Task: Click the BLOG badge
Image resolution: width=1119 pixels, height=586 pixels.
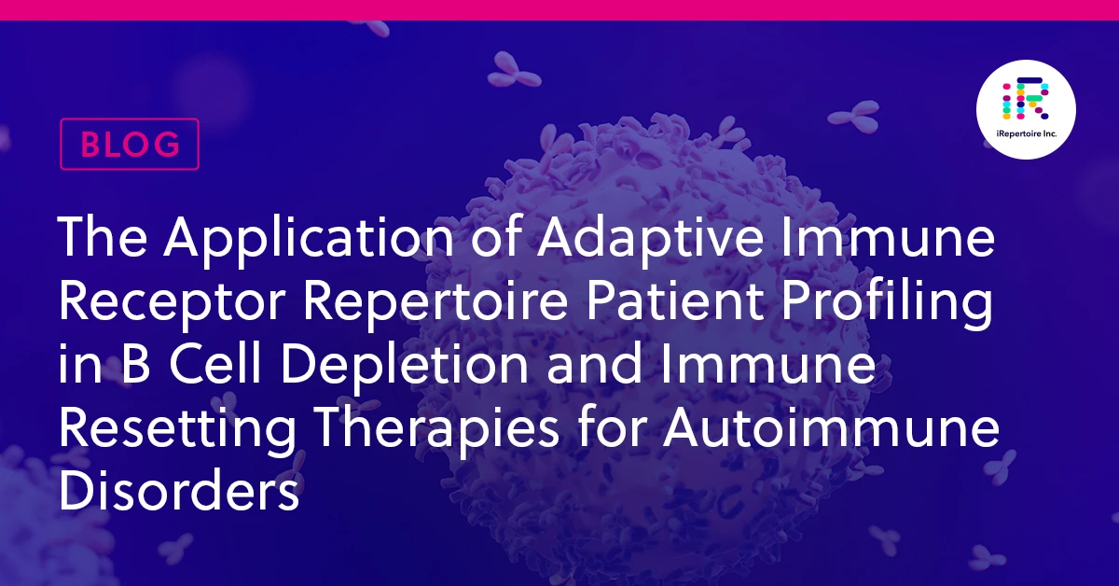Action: coord(130,144)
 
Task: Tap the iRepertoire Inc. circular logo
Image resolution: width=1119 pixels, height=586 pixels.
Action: coord(1026,109)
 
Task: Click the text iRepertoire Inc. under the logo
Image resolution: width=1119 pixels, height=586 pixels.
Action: coord(1026,134)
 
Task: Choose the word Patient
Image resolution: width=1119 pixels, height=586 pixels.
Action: coord(674,301)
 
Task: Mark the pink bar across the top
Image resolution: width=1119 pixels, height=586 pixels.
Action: coord(559,10)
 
